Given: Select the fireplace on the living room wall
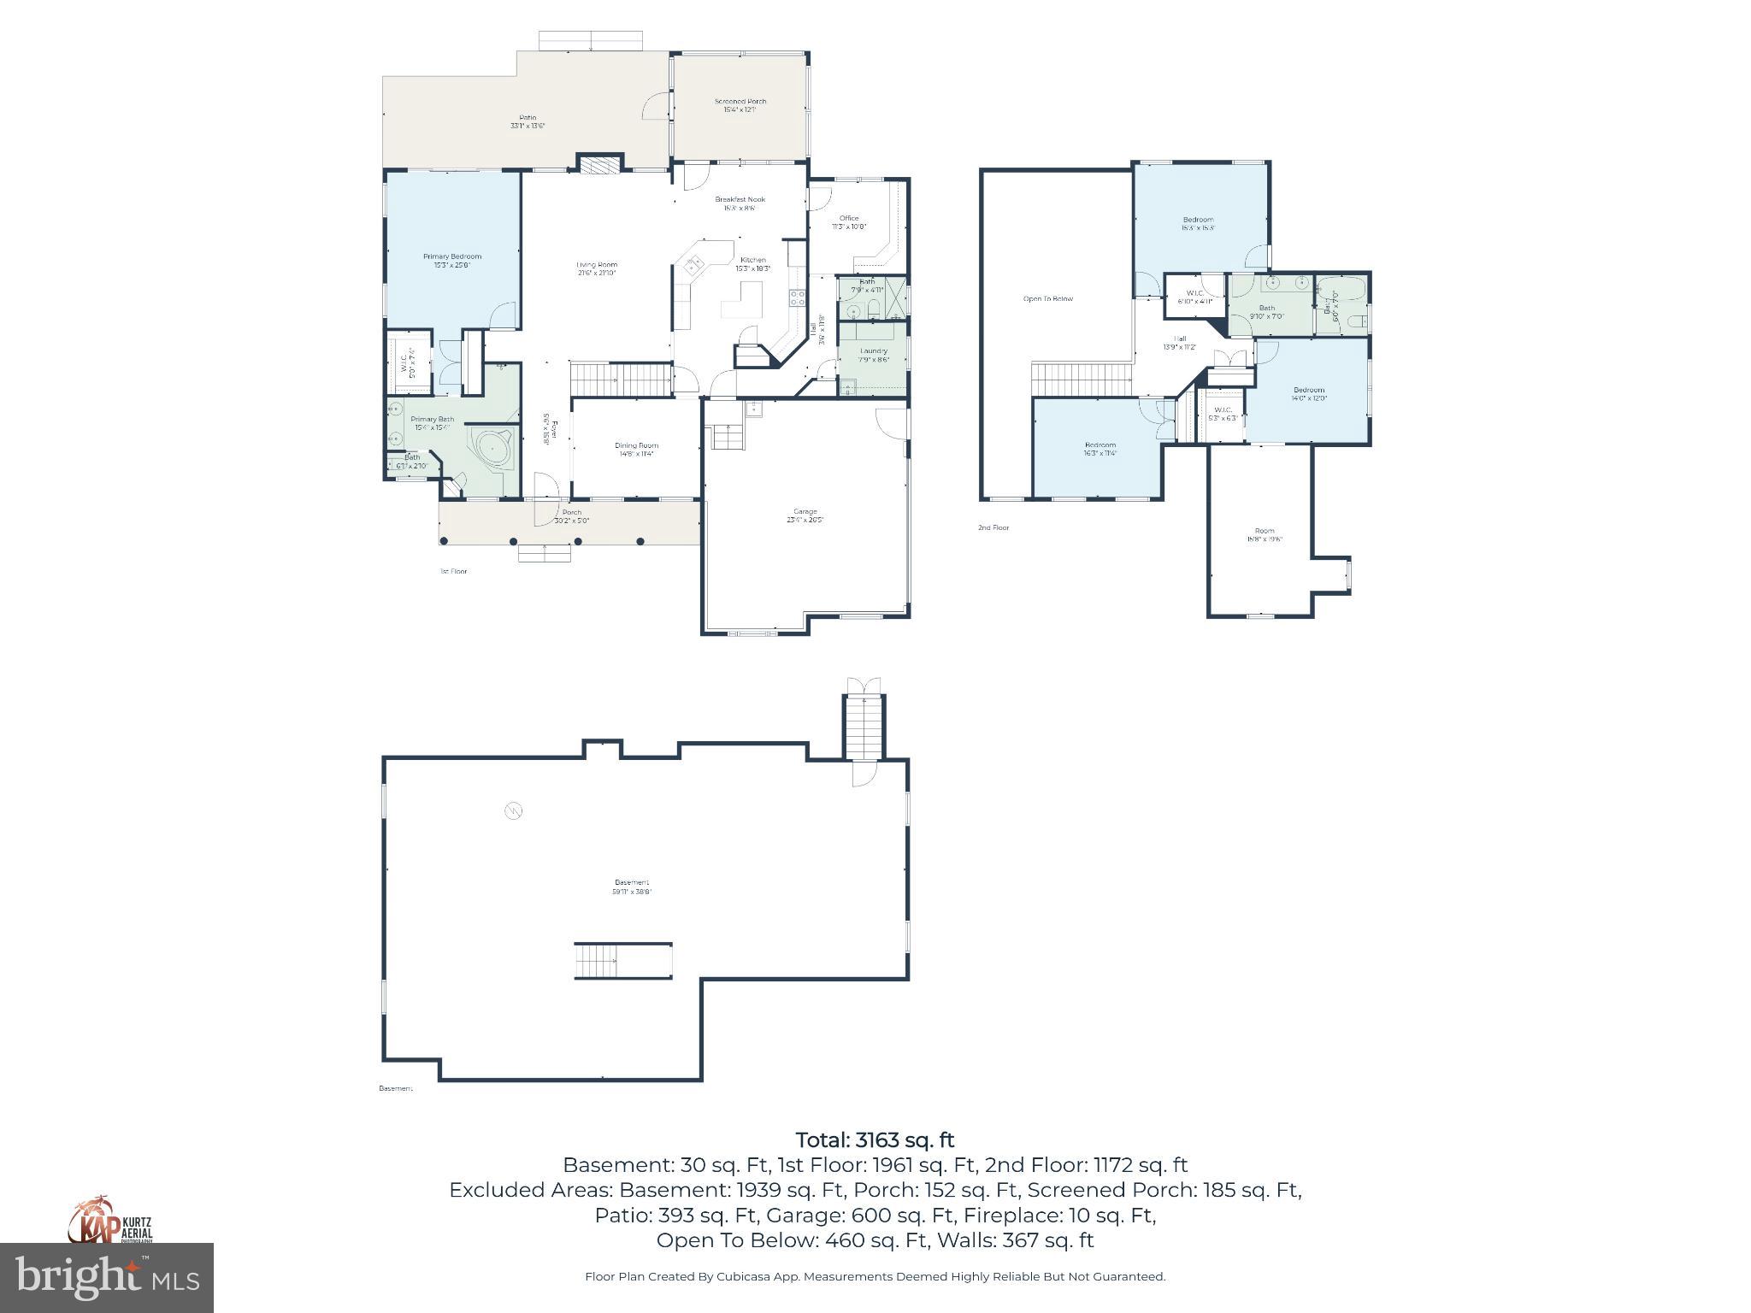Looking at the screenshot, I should pyautogui.click(x=599, y=164).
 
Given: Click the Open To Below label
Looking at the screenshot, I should pyautogui.click(x=1047, y=298).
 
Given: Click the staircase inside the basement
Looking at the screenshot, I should pyautogui.click(x=622, y=961).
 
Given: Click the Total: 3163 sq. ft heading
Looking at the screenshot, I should pyautogui.click(x=875, y=1139).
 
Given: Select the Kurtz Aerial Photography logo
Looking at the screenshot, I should pyautogui.click(x=111, y=1220).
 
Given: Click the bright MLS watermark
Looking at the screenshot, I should pyautogui.click(x=107, y=1277).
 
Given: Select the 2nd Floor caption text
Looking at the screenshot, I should pyautogui.click(x=993, y=527).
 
